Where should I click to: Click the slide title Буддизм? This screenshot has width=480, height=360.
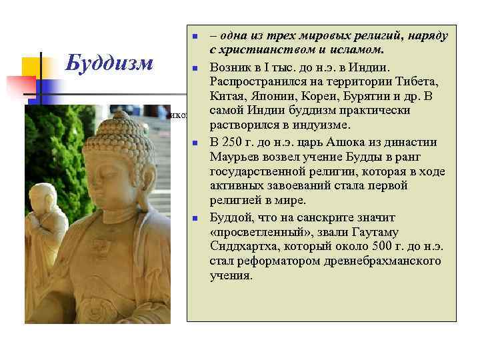tap(109, 64)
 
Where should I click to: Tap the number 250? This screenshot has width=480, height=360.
tap(235, 141)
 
